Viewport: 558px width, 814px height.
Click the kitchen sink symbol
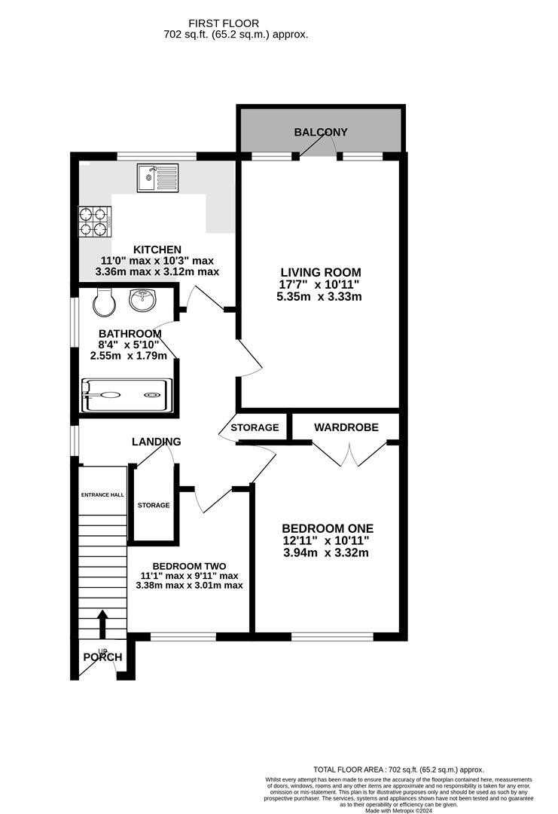pyautogui.click(x=157, y=178)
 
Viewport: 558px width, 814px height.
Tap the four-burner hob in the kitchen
pyautogui.click(x=95, y=218)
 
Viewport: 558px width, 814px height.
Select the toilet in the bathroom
pyautogui.click(x=104, y=303)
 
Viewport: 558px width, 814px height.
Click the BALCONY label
pyautogui.click(x=321, y=133)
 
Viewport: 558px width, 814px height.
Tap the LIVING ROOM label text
pyautogui.click(x=321, y=272)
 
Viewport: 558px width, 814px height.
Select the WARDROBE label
pyautogui.click(x=346, y=427)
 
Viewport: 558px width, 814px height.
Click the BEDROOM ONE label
pyautogui.click(x=328, y=528)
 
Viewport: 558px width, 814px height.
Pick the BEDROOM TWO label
pyautogui.click(x=189, y=566)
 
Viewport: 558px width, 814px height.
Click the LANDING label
pyautogui.click(x=157, y=442)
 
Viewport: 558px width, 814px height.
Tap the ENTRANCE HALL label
pyautogui.click(x=102, y=495)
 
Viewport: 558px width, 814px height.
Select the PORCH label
pyautogui.click(x=102, y=657)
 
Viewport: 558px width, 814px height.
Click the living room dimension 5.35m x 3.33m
pyautogui.click(x=319, y=296)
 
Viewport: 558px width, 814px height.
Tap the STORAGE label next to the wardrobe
pyautogui.click(x=255, y=427)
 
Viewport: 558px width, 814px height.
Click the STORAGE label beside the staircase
pyautogui.click(x=154, y=505)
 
